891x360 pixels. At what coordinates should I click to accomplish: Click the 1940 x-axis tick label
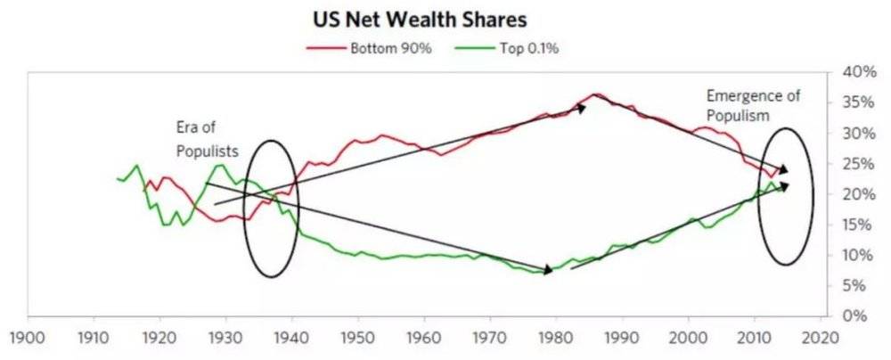291,339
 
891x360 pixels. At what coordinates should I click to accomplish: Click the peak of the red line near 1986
595,94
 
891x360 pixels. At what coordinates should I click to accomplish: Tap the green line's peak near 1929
219,165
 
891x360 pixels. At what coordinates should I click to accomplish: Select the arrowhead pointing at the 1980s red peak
582,107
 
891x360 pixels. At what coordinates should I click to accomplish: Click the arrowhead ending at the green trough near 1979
548,270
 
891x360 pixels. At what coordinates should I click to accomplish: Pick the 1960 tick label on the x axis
424,339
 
